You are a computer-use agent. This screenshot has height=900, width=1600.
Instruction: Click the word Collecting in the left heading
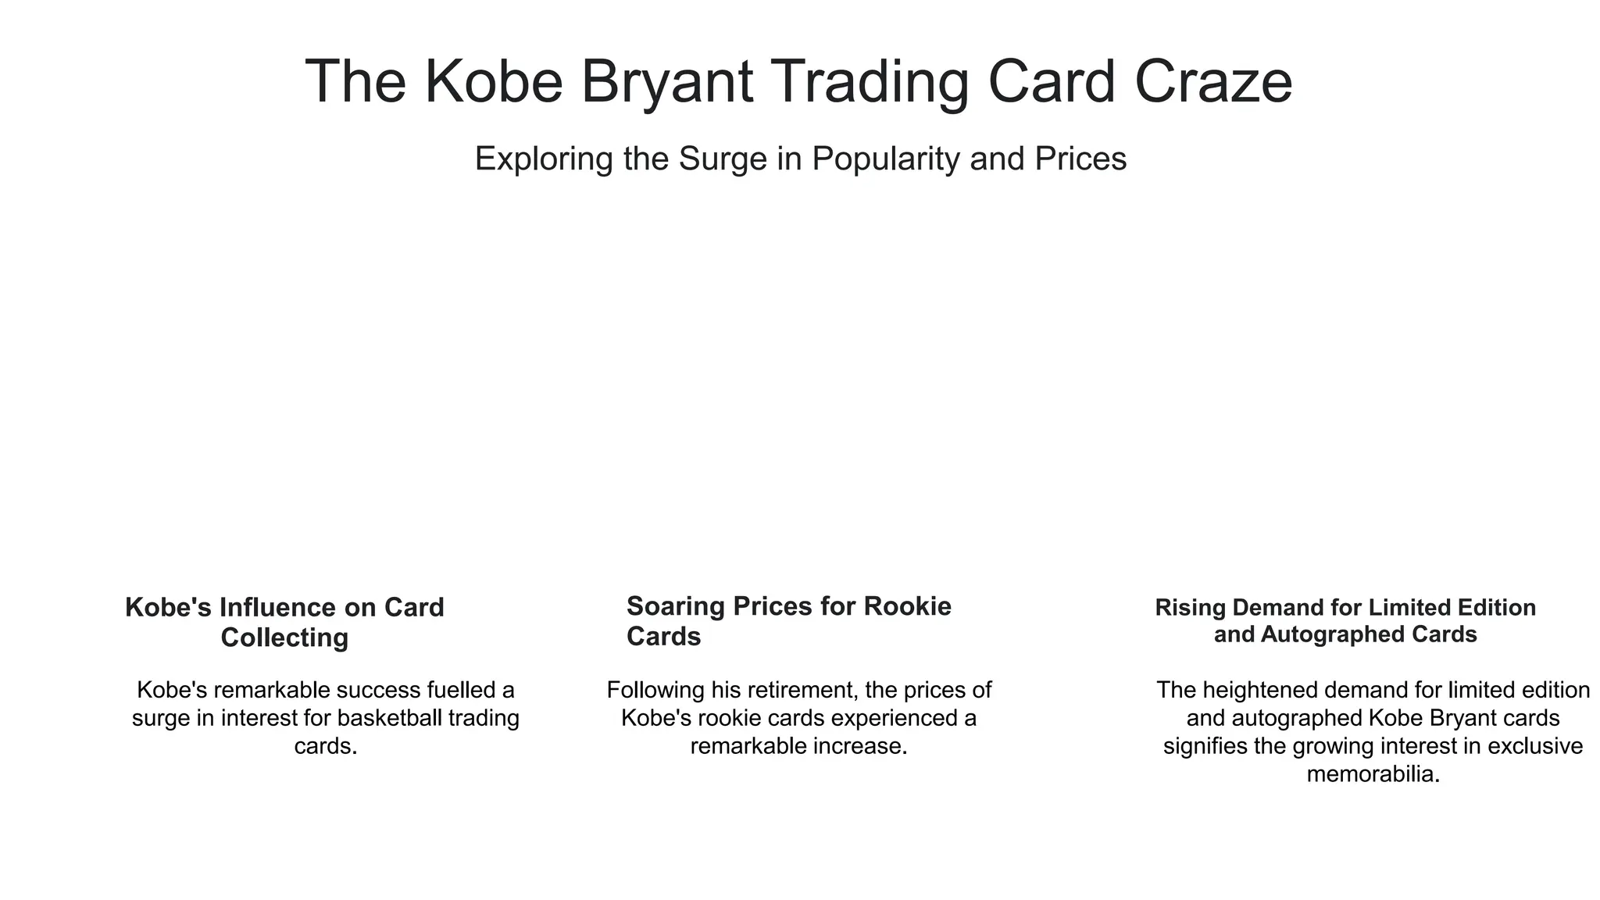click(x=284, y=637)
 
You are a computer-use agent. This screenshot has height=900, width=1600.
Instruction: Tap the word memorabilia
click(x=1373, y=774)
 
